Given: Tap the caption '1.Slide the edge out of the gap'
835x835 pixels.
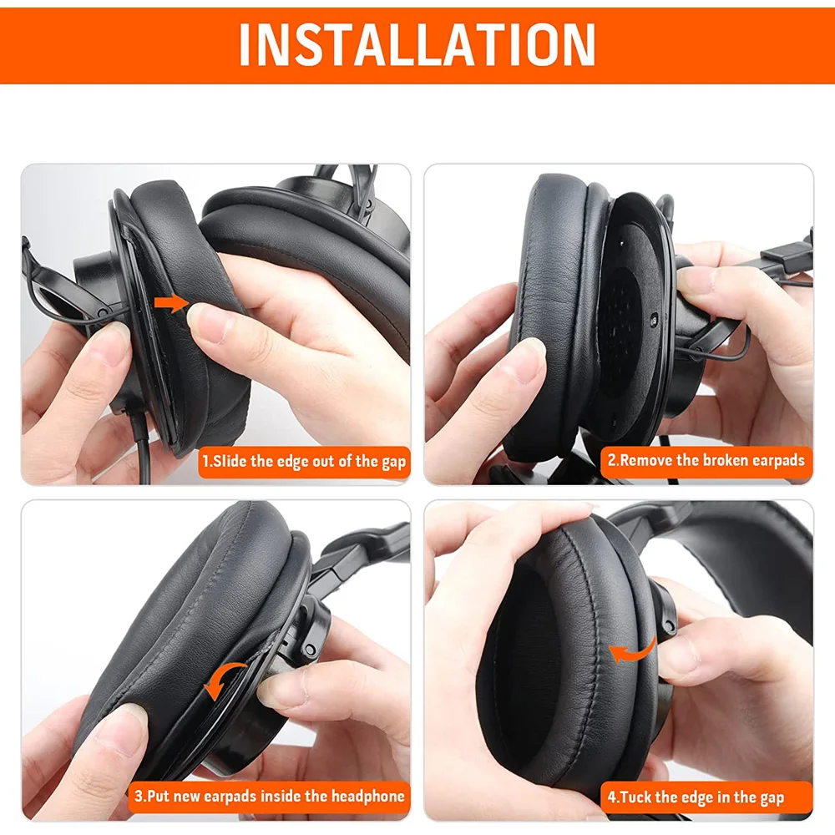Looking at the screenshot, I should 303,461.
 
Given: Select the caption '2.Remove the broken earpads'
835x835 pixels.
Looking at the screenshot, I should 706,460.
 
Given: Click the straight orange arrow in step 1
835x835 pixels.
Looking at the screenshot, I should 172,305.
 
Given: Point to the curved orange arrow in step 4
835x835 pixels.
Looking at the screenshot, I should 632,652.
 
